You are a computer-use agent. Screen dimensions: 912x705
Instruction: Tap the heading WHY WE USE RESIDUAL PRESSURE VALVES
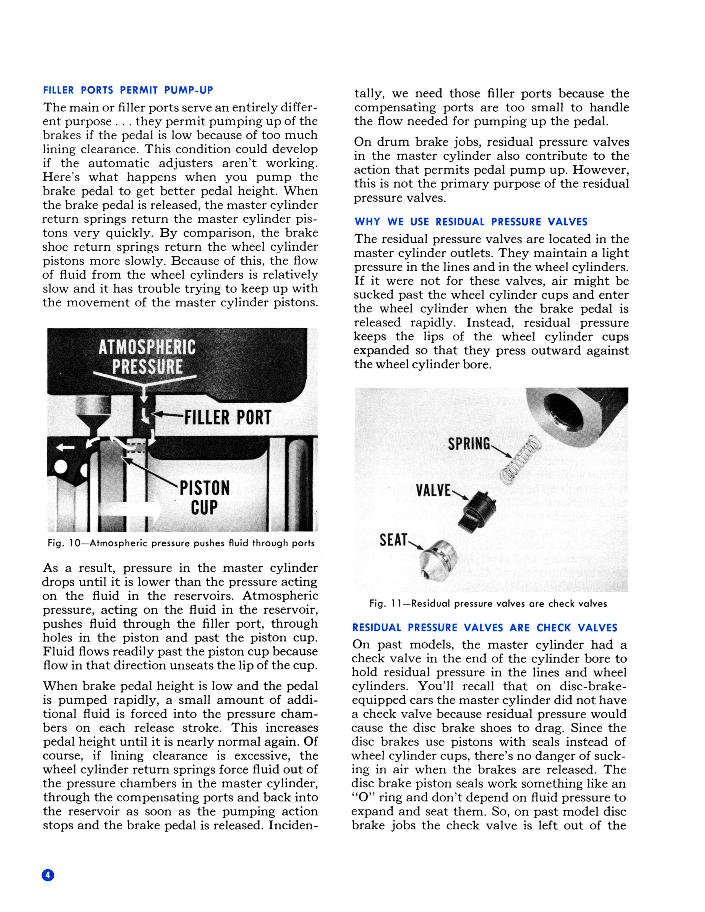click(471, 222)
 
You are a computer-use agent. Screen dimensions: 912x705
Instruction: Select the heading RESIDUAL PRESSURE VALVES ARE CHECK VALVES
click(484, 628)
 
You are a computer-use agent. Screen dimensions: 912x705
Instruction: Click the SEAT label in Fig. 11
click(393, 540)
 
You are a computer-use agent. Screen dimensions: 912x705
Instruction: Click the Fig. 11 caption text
click(488, 603)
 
